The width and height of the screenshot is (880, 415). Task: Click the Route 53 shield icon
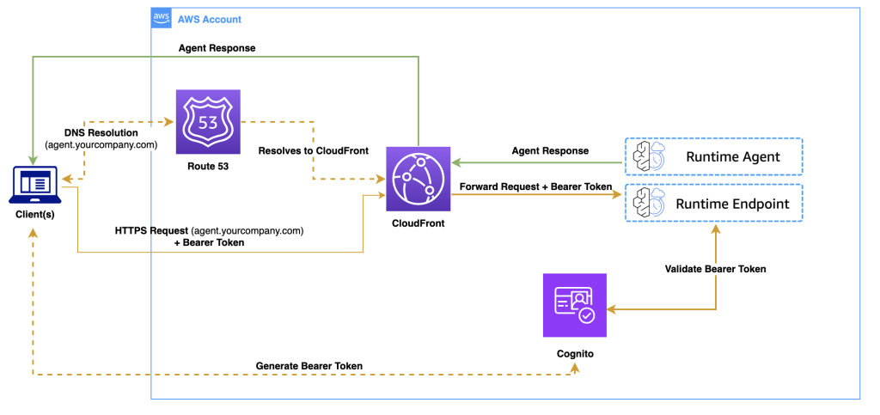click(x=208, y=122)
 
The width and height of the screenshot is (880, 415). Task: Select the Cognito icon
click(x=575, y=304)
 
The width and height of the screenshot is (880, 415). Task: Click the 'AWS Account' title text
click(x=209, y=19)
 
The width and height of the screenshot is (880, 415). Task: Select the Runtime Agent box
click(x=714, y=156)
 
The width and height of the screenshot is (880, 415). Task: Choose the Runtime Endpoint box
click(x=714, y=204)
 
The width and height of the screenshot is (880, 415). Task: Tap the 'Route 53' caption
click(x=208, y=167)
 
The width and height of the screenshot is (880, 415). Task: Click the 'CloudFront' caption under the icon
click(x=418, y=223)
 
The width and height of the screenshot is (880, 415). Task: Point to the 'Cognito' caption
click(x=575, y=353)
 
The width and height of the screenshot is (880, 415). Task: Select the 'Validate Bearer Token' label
click(x=715, y=269)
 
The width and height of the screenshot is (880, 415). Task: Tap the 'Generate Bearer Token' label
click(x=309, y=366)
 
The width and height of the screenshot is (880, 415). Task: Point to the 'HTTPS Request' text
click(x=151, y=230)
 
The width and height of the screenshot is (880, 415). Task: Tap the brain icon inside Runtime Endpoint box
click(x=646, y=204)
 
